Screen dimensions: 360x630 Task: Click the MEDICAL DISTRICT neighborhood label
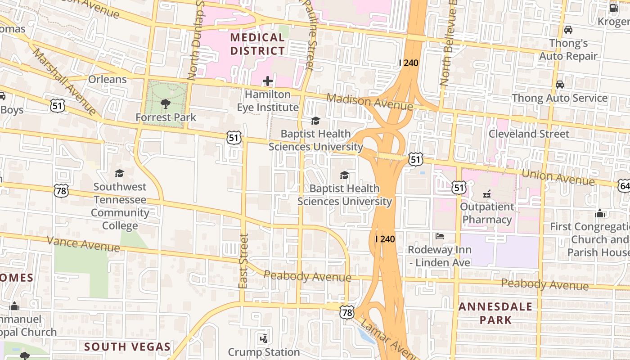pos(258,44)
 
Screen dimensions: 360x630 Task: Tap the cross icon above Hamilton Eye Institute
pos(268,81)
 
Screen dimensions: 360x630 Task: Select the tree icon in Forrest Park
pos(166,104)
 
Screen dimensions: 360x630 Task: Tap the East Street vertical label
pos(243,261)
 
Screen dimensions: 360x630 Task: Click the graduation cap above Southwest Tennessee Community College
pos(119,173)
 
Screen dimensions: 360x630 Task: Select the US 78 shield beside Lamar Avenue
pos(347,312)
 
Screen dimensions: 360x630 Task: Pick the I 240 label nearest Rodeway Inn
pos(385,239)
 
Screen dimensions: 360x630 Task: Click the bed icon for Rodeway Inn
pos(440,236)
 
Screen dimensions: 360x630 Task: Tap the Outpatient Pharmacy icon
pos(486,194)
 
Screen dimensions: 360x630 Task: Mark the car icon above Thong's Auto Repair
pos(568,30)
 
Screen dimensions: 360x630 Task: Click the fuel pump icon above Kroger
pos(614,8)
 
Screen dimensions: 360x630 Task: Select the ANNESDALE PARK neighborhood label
pos(495,313)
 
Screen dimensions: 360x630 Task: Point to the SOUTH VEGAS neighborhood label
pos(127,346)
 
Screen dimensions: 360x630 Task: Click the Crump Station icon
pos(264,338)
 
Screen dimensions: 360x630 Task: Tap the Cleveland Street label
pos(529,134)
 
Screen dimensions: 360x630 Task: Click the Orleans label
pos(107,79)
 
